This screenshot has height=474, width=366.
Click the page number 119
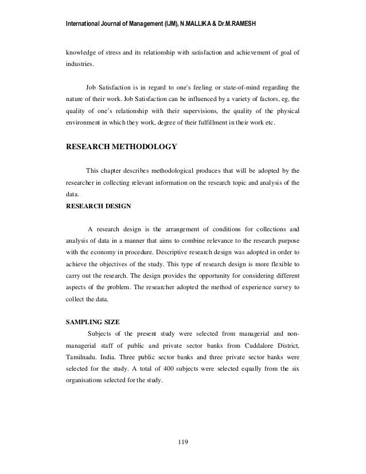(x=183, y=442)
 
